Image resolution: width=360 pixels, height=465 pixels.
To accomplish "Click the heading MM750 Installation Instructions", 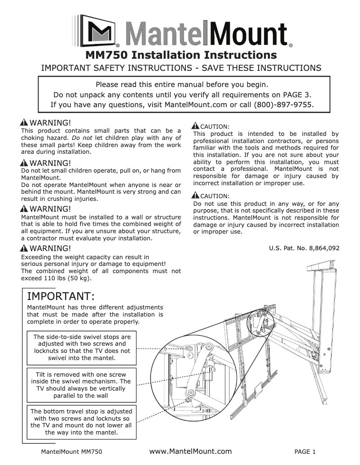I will [x=180, y=55].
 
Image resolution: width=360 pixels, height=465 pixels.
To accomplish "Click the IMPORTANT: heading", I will [x=61, y=296].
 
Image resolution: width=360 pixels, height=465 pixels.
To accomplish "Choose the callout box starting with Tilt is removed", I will [x=81, y=385].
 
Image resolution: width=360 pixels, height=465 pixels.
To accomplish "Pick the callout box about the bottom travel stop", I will [x=81, y=422].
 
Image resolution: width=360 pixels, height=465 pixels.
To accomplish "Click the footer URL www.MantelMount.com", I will [x=190, y=451].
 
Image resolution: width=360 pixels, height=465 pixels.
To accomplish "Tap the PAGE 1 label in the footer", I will [x=305, y=452].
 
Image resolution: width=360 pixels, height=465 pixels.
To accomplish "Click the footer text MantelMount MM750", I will [x=72, y=452].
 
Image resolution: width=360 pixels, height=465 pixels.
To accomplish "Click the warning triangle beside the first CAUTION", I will [x=196, y=126].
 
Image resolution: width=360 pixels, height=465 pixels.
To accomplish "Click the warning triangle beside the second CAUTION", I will [x=196, y=196].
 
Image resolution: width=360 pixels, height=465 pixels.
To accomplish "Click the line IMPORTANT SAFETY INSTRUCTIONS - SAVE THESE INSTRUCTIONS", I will [x=181, y=68].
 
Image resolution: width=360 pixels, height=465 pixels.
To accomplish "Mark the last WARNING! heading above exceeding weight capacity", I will [x=50, y=248].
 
